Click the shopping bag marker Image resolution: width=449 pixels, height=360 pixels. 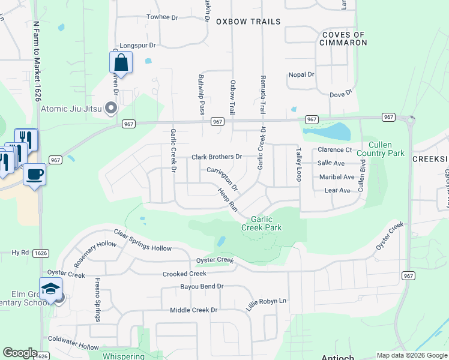coord(121,62)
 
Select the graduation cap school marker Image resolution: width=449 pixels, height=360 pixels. coord(51,289)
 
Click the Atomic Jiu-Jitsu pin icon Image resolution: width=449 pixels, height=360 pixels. coord(110,109)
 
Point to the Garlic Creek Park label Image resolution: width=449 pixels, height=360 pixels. coord(261,223)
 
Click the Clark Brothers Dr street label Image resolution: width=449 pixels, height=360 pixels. coord(216,157)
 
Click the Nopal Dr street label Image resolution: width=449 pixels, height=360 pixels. coord(301,74)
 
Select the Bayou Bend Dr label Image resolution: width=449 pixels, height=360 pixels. coord(202,287)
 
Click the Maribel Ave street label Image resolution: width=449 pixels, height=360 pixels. coord(337,177)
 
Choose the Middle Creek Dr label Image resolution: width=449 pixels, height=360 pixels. coord(193,310)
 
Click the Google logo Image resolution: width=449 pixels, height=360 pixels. coord(20,353)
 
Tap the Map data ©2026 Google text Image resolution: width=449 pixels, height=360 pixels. coord(411,355)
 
